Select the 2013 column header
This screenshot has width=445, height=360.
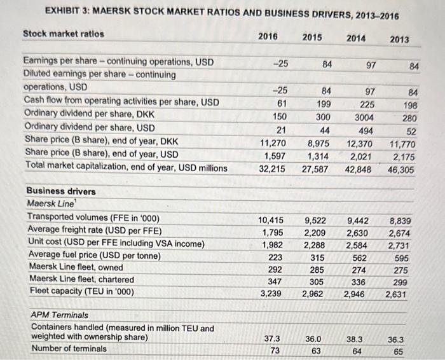pos(399,39)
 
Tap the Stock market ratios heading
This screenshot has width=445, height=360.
pos(64,33)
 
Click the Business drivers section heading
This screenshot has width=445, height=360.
pos(61,191)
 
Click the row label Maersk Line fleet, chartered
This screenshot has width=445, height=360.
pos(81,279)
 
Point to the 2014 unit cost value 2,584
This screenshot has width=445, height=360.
pos(359,245)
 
